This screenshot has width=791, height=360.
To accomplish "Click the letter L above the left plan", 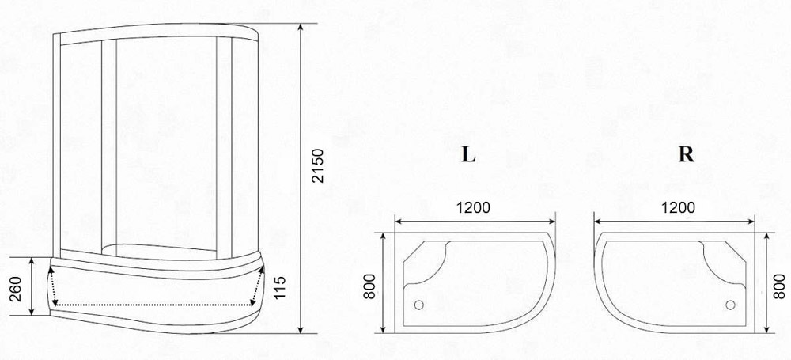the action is click(x=468, y=155).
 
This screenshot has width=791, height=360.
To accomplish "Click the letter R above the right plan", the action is click(x=686, y=155).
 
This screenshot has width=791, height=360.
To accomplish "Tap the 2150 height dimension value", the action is click(x=317, y=165).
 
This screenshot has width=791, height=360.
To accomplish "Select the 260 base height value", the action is click(x=16, y=289).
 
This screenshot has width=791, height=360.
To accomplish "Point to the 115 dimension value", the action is click(x=280, y=286).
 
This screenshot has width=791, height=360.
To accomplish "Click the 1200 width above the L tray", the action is click(x=473, y=207).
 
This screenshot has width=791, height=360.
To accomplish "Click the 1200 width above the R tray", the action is click(x=678, y=207).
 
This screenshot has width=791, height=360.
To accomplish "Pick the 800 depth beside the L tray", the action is click(x=369, y=286).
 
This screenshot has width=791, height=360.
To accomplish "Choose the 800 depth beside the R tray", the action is click(x=779, y=286).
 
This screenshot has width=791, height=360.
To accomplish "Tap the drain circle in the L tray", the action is click(x=418, y=305).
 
